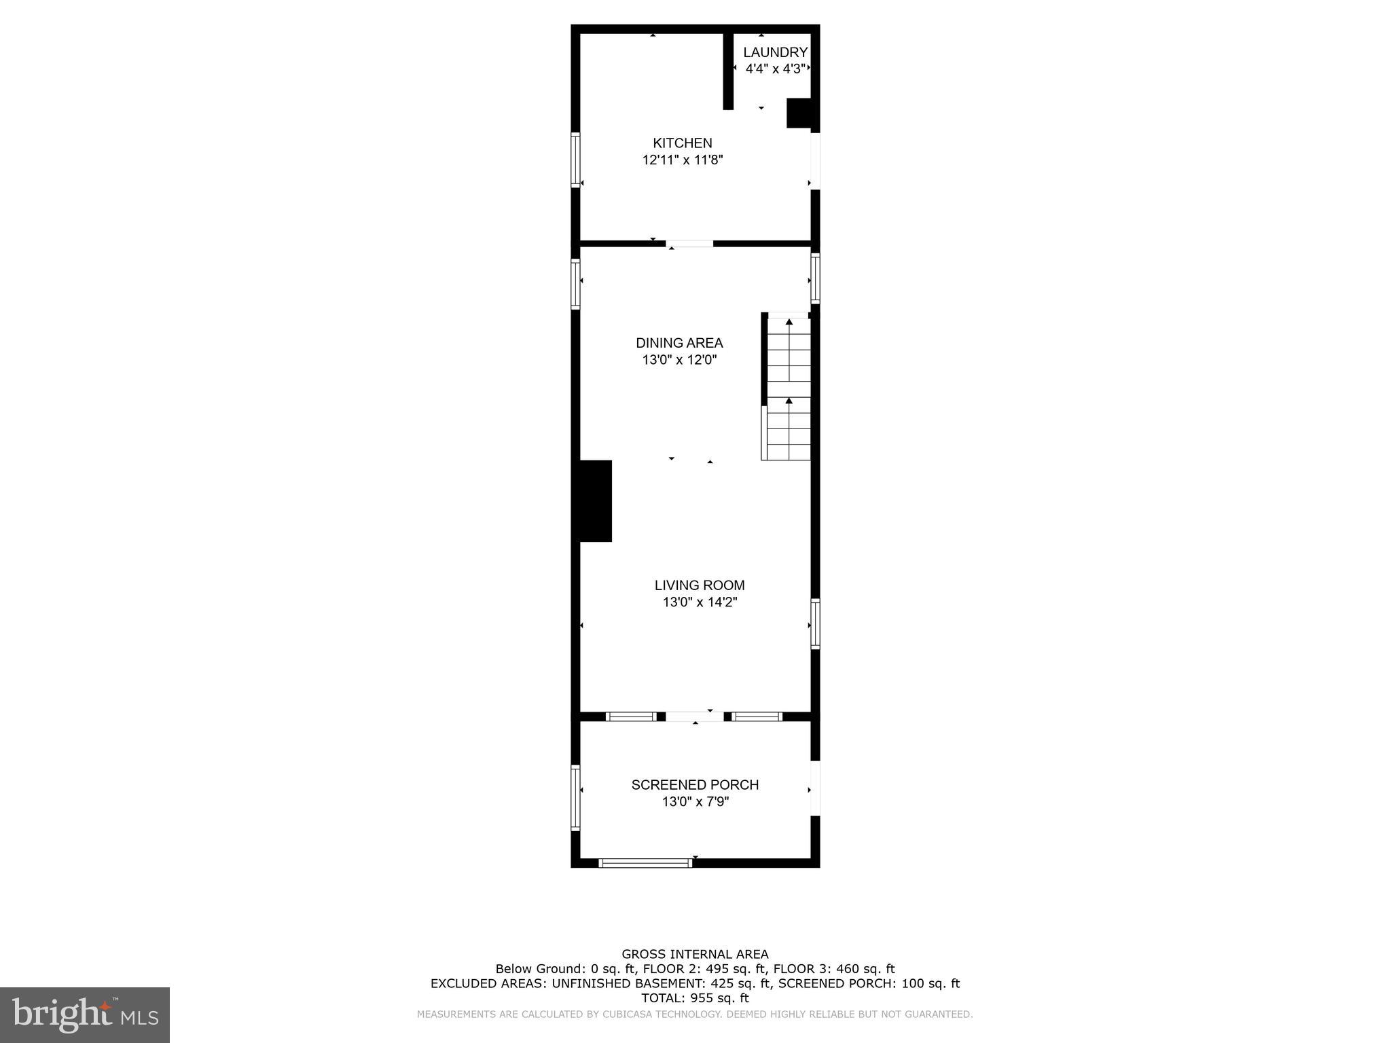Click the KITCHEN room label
point(682,143)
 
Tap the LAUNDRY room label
point(775,52)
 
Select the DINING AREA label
point(679,343)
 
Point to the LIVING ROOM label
point(700,585)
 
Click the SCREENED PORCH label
point(695,785)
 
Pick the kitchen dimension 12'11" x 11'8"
point(682,160)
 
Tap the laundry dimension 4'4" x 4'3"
point(775,69)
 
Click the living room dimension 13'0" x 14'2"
point(700,602)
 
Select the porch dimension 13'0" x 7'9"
point(695,802)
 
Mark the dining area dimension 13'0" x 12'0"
point(679,360)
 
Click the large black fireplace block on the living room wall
point(596,501)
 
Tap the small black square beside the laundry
point(799,113)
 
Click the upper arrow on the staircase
point(789,322)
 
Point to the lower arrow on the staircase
point(789,401)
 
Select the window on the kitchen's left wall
point(575,160)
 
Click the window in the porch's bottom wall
point(645,863)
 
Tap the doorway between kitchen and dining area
point(689,243)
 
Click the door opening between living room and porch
point(694,716)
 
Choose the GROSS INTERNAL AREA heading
point(695,955)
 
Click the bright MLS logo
point(85,1014)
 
